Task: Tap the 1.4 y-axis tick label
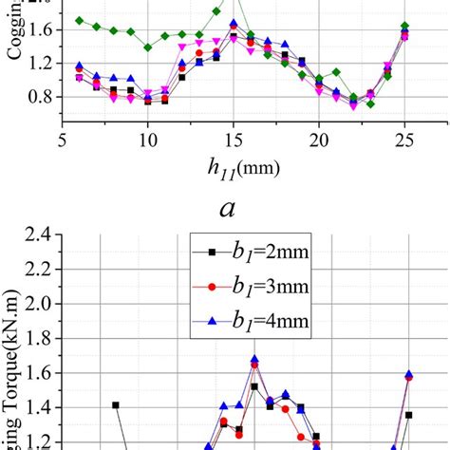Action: coord(38,408)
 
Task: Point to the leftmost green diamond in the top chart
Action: coord(80,20)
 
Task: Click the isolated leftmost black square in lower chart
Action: coord(116,404)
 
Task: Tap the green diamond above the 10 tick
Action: coord(148,47)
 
